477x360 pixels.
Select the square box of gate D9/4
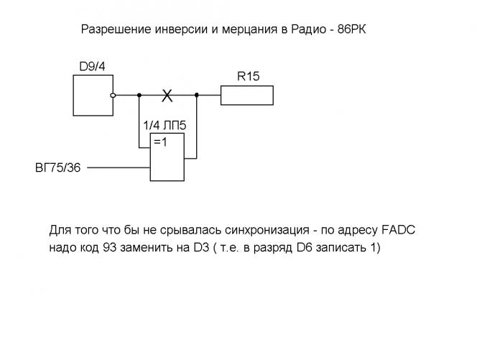click(x=93, y=94)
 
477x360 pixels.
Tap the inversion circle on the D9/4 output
click(x=114, y=94)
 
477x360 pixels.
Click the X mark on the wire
click(x=167, y=95)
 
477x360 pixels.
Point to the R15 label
click(x=248, y=75)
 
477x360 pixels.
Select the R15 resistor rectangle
click(x=247, y=95)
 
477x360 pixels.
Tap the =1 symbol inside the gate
click(x=160, y=142)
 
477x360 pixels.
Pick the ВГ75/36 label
click(x=57, y=168)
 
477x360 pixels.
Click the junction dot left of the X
click(x=139, y=94)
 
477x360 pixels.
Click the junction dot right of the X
click(x=196, y=94)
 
